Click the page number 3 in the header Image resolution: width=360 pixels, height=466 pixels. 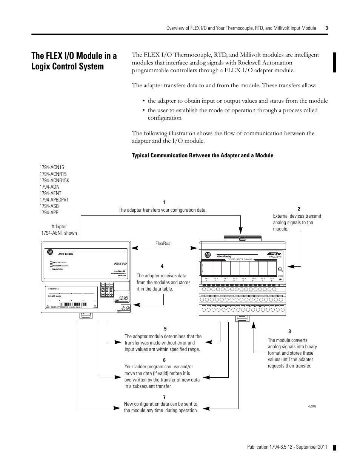point(326,28)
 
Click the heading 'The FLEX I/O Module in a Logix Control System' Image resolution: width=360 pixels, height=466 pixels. point(74,61)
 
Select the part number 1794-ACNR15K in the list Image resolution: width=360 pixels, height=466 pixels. point(54,180)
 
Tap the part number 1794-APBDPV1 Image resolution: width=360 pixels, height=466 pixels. point(54,200)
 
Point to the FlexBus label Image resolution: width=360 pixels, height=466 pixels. point(163,243)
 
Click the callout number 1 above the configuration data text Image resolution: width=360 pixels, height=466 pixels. point(164,203)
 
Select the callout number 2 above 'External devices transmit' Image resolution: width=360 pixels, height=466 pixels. point(299,209)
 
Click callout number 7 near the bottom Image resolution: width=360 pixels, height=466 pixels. point(164,397)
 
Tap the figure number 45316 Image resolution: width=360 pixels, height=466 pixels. point(312,406)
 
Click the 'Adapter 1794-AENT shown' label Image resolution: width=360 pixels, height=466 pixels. point(59,230)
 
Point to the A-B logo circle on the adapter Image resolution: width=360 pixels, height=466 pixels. point(49,251)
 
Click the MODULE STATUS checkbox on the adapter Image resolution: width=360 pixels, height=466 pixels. point(51,262)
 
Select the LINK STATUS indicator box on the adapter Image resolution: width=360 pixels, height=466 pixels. point(51,269)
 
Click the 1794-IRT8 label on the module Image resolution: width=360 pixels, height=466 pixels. point(275,257)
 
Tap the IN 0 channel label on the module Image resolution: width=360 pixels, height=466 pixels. point(207,278)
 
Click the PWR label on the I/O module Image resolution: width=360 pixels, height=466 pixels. point(280,276)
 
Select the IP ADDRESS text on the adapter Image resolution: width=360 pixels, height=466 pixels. point(53,289)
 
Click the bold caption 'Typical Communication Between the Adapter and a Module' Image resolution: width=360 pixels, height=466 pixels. point(202,155)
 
